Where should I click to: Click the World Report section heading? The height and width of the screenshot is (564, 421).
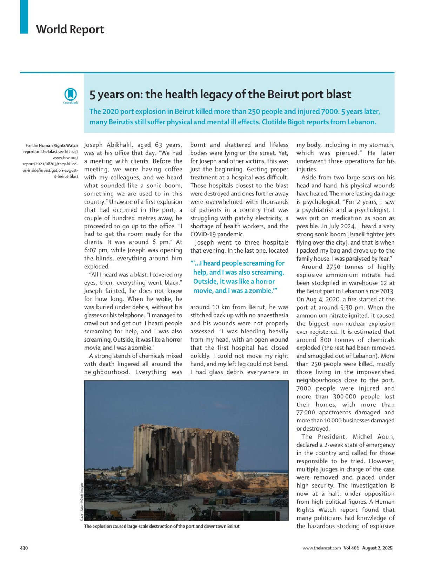coord(70,29)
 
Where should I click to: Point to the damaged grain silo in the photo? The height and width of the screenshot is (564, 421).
coord(186,452)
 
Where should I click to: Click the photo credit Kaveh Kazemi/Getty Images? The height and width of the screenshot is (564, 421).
coord(82,501)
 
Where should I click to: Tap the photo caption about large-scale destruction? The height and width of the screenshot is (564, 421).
coord(162,526)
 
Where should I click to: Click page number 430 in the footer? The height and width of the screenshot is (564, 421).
coord(24,548)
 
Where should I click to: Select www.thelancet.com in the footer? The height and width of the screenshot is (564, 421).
coord(321,548)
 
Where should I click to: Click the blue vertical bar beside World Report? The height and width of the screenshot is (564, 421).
coord(24,16)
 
